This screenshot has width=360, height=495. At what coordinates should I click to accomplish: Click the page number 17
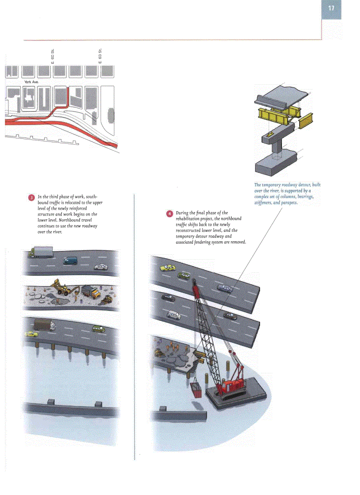click(331, 9)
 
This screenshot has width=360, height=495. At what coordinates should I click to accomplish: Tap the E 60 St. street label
click(52, 56)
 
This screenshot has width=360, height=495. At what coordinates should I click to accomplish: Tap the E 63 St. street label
click(100, 56)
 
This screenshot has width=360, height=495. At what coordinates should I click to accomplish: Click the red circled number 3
click(31, 197)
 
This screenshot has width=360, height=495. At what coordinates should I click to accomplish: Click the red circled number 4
click(169, 214)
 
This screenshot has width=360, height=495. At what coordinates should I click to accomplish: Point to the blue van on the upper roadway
click(71, 261)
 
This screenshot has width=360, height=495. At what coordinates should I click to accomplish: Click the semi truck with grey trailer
click(41, 252)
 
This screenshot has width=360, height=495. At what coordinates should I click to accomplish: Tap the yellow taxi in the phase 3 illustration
click(30, 335)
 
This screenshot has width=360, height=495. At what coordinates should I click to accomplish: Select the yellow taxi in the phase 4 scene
click(167, 268)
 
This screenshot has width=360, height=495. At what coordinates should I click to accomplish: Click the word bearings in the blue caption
click(305, 197)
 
